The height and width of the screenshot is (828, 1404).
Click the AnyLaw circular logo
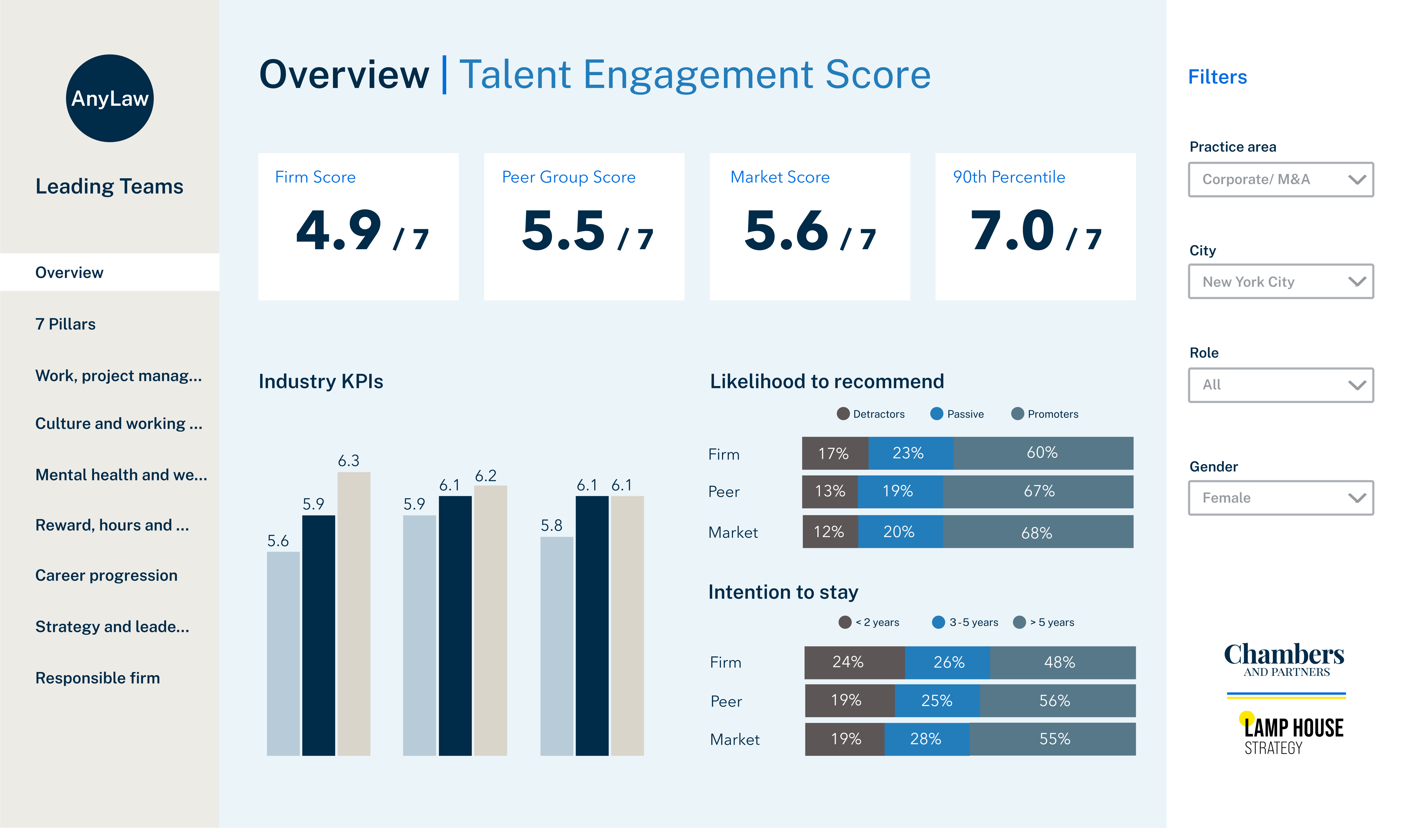(110, 98)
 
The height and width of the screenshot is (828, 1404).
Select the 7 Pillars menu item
(65, 324)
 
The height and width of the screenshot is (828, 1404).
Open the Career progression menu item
(106, 575)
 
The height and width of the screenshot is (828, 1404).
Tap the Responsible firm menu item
(98, 678)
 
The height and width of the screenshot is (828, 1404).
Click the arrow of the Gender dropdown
(1357, 498)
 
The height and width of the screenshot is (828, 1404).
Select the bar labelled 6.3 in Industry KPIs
(354, 614)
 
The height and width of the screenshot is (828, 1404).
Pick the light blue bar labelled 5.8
(556, 646)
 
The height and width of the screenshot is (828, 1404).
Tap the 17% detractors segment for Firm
(834, 453)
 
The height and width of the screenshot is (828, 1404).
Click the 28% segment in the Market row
(926, 739)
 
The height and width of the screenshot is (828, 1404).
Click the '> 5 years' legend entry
(1044, 622)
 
